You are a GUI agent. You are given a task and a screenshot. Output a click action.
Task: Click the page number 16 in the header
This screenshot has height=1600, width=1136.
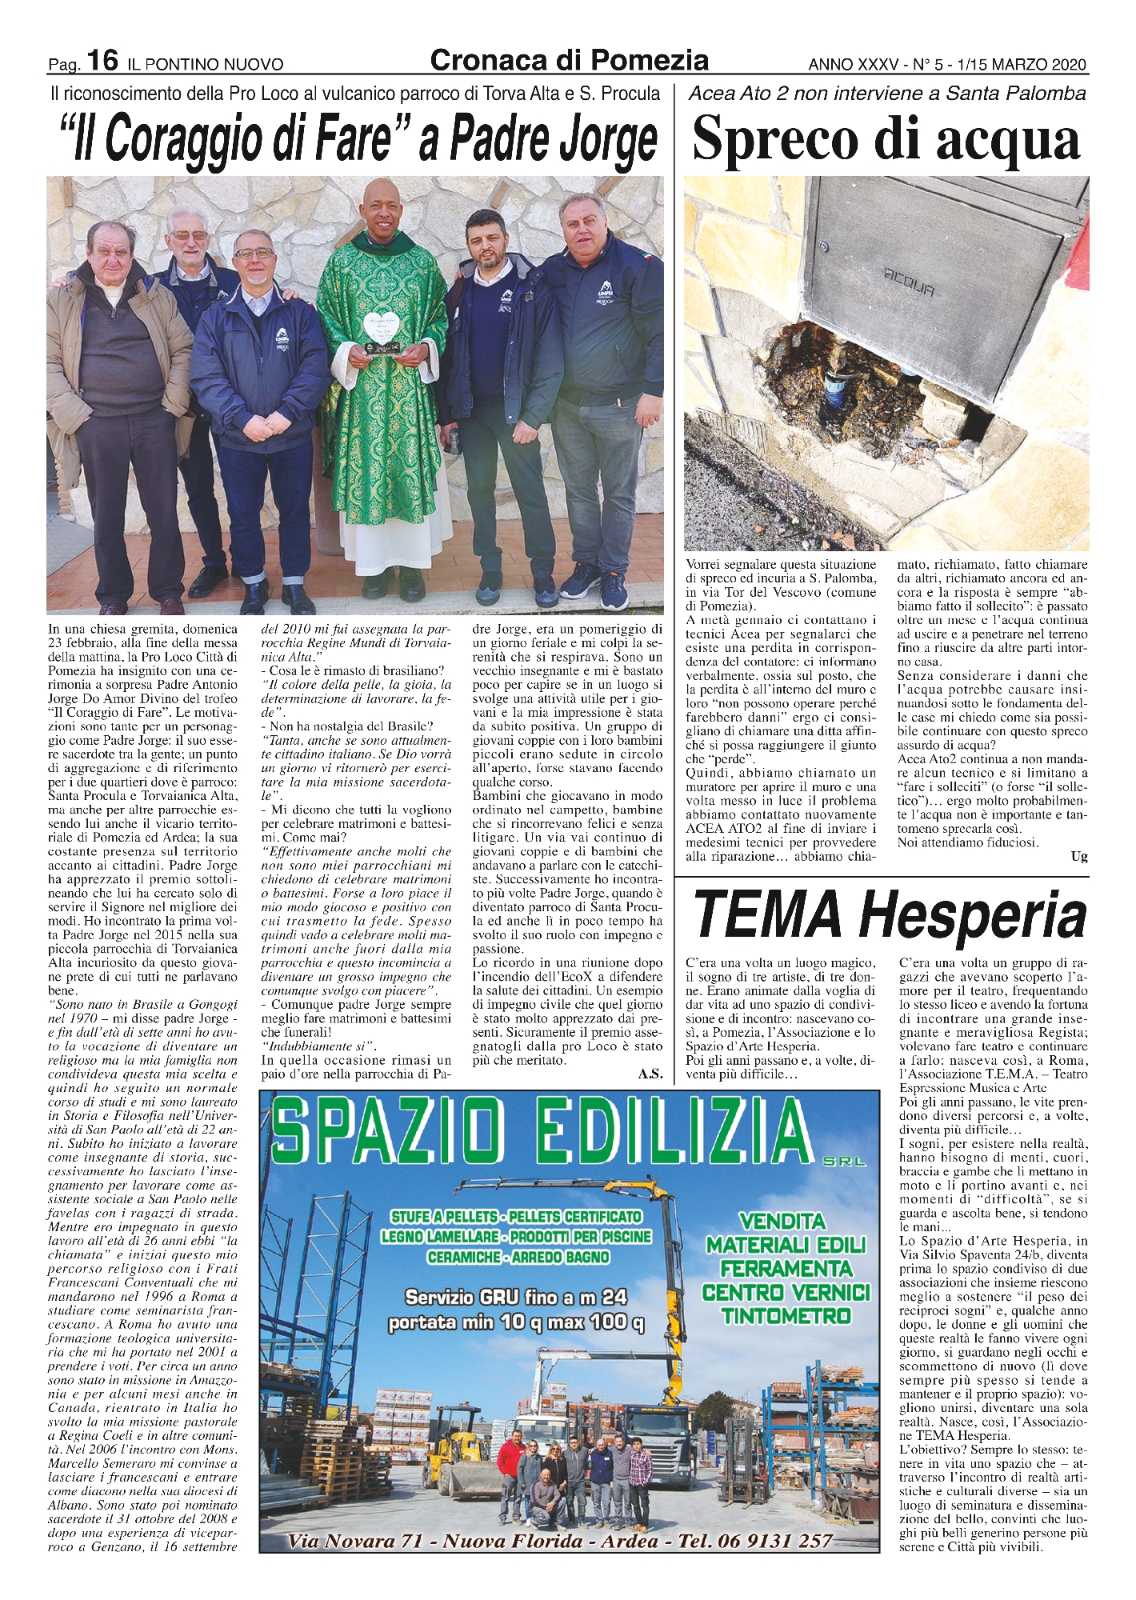pyautogui.click(x=102, y=60)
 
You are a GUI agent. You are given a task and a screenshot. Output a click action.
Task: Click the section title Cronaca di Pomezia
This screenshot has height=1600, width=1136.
pyautogui.click(x=569, y=60)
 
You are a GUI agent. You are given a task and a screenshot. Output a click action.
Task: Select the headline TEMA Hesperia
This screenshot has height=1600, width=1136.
pyautogui.click(x=890, y=914)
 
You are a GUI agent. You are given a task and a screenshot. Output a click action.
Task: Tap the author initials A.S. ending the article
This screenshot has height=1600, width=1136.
pyautogui.click(x=650, y=1074)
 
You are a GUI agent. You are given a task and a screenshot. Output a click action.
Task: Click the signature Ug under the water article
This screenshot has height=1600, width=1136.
pyautogui.click(x=1079, y=857)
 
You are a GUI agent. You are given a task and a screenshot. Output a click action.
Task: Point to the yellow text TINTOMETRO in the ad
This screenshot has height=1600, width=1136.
pyautogui.click(x=785, y=1314)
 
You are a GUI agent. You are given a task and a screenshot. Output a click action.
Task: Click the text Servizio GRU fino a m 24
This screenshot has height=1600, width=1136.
pyautogui.click(x=516, y=1295)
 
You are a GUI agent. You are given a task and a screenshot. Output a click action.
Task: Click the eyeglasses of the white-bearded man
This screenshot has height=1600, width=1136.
pyautogui.click(x=189, y=234)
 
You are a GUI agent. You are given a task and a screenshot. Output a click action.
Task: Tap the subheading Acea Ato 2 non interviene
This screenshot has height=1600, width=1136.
pyautogui.click(x=886, y=94)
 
